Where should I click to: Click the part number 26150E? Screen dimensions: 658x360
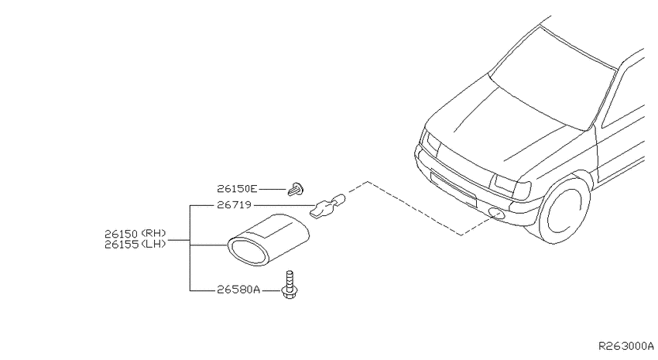237,189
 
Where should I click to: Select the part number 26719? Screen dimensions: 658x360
234,205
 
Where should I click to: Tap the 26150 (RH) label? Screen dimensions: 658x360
135,233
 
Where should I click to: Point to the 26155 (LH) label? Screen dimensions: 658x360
135,244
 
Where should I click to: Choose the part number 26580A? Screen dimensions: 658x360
238,290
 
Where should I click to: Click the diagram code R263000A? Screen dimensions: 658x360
625,346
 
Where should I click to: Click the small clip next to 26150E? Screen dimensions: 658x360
296,190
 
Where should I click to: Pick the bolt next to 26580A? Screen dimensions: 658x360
289,284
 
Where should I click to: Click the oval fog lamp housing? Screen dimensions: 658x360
268,239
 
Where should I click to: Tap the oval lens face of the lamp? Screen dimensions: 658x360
248,252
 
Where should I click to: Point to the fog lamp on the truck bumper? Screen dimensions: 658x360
498,214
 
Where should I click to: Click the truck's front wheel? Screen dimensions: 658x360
564,209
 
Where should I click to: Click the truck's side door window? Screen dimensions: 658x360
624,97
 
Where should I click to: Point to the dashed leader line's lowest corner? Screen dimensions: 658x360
461,235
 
